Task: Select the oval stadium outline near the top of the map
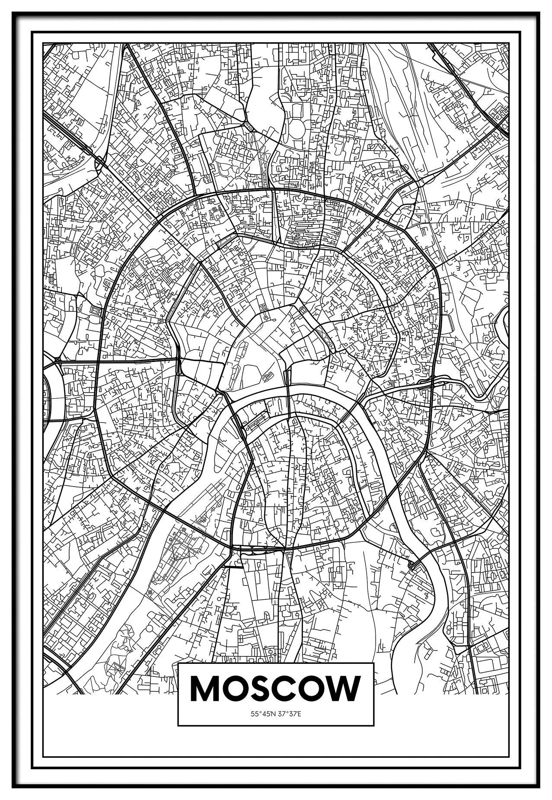(x=297, y=129)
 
